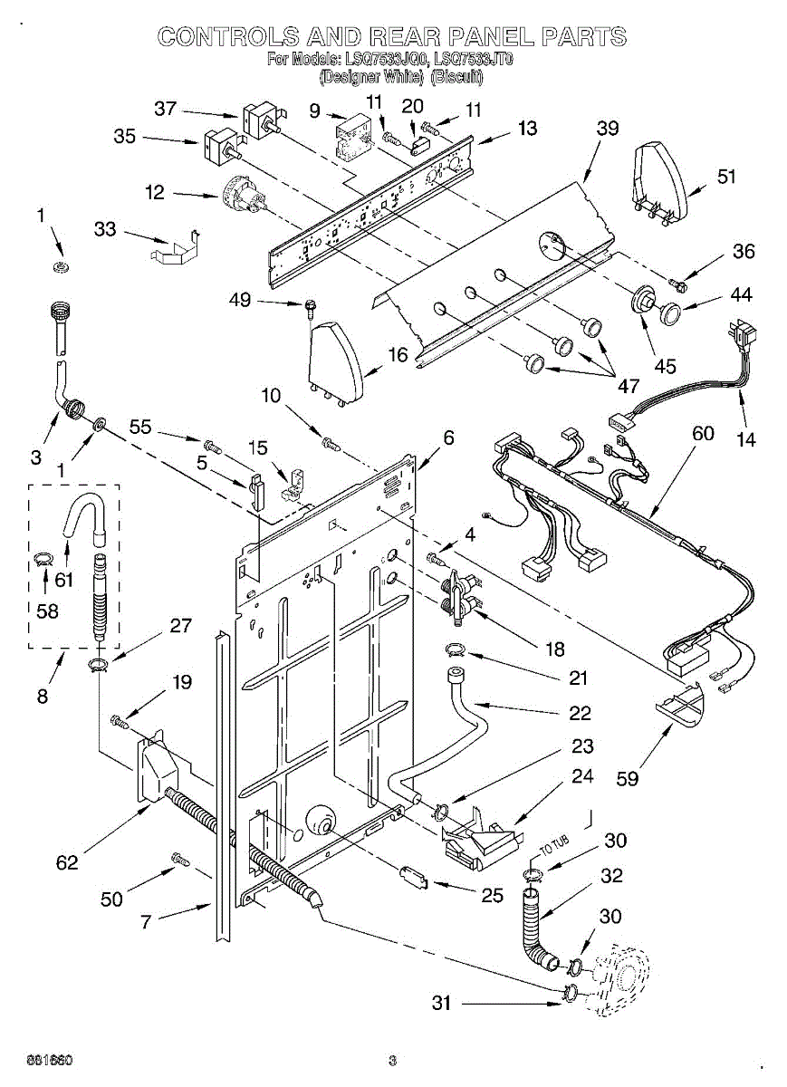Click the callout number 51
[726, 177]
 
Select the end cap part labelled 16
[335, 362]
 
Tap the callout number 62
[67, 862]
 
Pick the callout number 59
[626, 777]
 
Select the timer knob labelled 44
[671, 313]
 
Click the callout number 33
[106, 229]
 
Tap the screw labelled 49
[312, 308]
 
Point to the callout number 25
[492, 896]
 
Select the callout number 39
[608, 128]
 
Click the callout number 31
[441, 1003]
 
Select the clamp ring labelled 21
[456, 649]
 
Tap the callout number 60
[703, 434]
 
